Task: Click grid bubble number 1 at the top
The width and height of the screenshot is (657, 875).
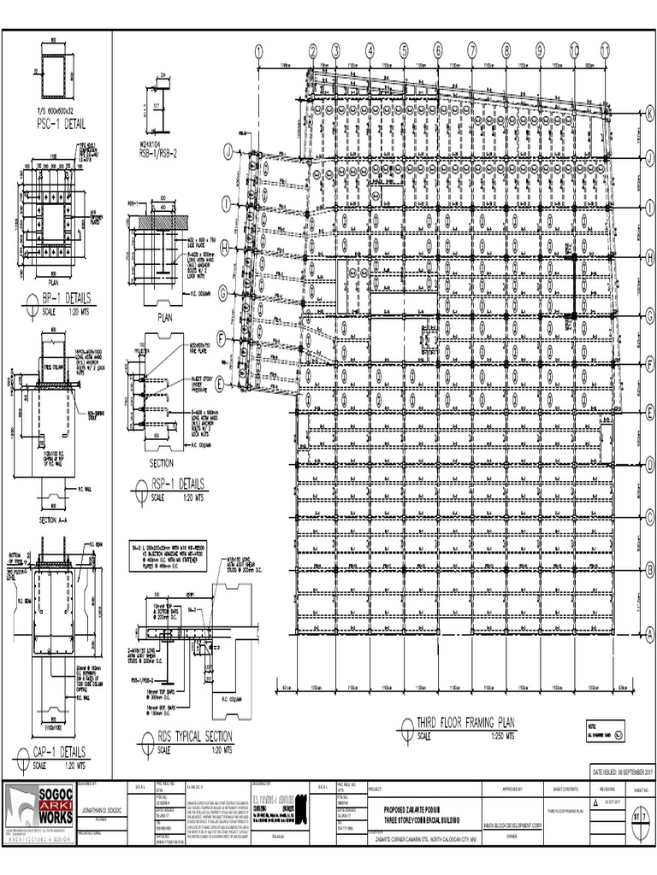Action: (x=257, y=52)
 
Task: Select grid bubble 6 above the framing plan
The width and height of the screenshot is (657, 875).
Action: (x=437, y=51)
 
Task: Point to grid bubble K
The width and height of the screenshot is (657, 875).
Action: (x=648, y=113)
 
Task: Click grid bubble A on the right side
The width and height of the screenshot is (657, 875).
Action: (x=648, y=633)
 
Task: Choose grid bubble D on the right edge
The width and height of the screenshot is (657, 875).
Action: (x=648, y=462)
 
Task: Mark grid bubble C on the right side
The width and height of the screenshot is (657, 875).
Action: (x=648, y=515)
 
